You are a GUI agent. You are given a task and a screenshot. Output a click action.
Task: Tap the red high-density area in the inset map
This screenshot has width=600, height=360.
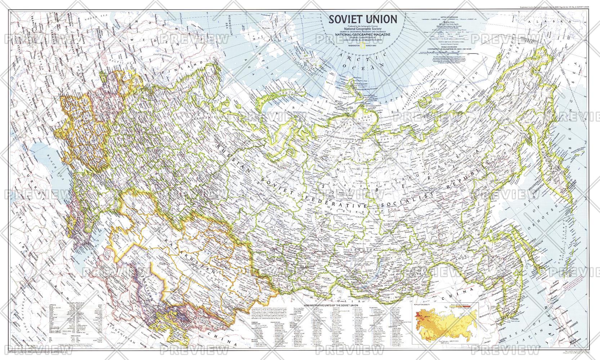(418, 317)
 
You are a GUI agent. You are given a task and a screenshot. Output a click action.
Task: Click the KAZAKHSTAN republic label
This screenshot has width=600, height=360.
(180, 248)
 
